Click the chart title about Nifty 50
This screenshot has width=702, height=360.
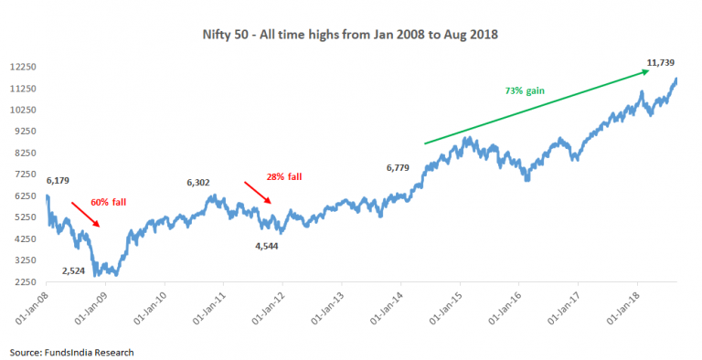coord(351,34)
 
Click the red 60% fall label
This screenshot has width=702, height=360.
coord(109,201)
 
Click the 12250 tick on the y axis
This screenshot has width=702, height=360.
coord(22,67)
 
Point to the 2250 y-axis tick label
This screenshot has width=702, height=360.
coord(25,281)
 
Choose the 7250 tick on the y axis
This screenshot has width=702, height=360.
coord(25,175)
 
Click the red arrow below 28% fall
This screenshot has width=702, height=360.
coord(258,193)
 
